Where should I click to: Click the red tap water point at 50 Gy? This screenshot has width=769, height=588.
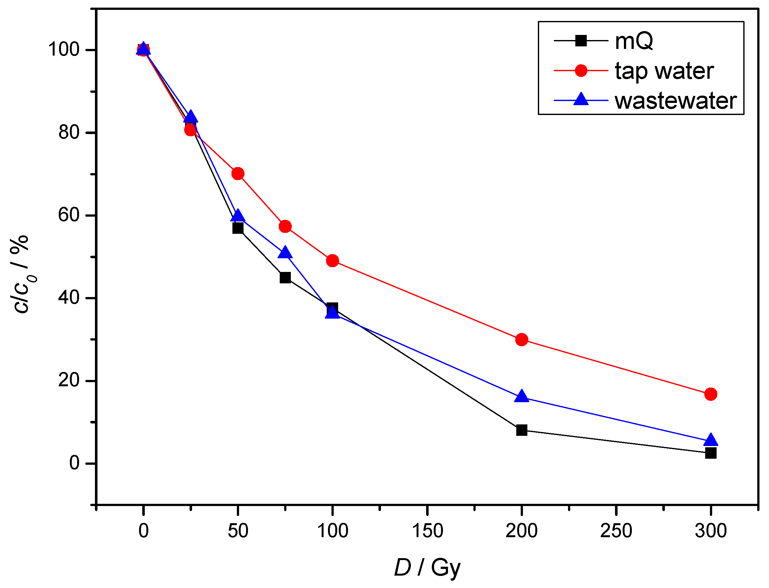point(238,173)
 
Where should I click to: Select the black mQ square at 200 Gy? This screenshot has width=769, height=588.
point(522,430)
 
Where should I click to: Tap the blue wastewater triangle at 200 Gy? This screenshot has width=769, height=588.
point(522,396)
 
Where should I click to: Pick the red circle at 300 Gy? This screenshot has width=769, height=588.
point(711,394)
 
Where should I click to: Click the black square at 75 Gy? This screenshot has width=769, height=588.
point(285,278)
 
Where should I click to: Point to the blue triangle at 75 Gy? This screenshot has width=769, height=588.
point(285,253)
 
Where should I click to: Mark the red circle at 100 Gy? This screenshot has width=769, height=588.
point(332,261)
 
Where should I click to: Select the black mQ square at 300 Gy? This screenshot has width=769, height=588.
point(711,453)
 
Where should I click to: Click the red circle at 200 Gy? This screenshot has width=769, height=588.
point(522,340)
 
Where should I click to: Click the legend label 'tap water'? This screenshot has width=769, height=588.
point(664,71)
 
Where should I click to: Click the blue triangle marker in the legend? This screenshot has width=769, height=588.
point(581,100)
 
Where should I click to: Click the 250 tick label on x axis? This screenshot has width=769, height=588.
point(616,531)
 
